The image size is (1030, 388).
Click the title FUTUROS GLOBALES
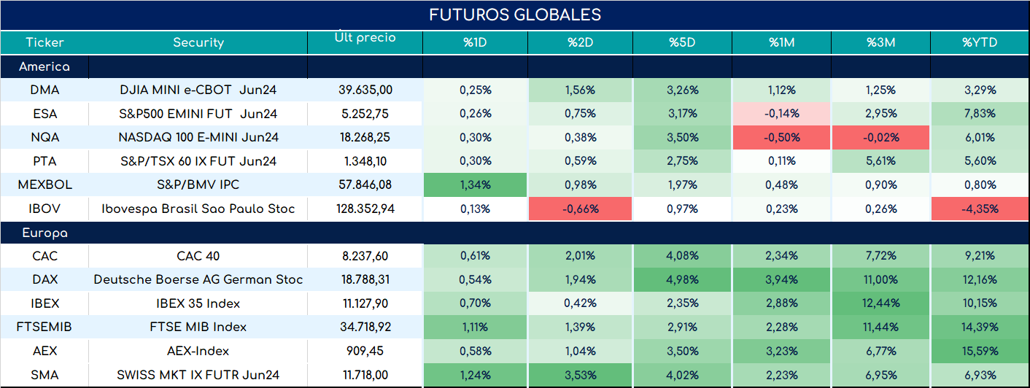[x=515, y=15]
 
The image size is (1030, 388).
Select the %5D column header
[x=682, y=42]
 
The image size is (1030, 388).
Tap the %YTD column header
[x=980, y=42]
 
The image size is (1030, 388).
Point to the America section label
[x=44, y=66]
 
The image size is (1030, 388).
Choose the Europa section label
[x=45, y=233]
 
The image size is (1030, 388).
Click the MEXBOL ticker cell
[x=45, y=185]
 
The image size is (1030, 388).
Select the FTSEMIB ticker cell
[x=44, y=327]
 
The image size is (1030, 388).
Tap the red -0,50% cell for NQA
[x=782, y=137]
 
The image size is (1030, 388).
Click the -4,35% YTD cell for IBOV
[x=980, y=209]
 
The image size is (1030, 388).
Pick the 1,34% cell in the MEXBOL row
[x=476, y=185]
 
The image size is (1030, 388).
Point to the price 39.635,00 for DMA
[x=365, y=90]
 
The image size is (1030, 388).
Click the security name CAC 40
[x=198, y=256]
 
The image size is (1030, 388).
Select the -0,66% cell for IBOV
[x=581, y=209]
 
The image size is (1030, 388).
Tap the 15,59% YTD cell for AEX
[x=980, y=352]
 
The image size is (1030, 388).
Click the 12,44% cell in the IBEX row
[x=881, y=303]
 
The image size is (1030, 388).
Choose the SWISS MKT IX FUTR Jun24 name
[x=198, y=375]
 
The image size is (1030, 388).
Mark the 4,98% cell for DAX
[x=682, y=279]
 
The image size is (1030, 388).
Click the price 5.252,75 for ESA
[x=365, y=114]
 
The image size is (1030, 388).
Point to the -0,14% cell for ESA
[x=782, y=114]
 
